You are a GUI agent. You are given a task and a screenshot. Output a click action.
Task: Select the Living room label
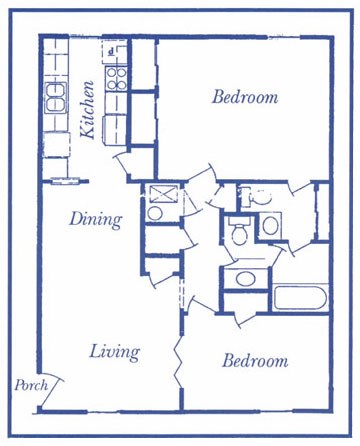[x=114, y=352]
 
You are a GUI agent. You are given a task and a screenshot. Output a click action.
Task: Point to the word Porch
[x=29, y=385]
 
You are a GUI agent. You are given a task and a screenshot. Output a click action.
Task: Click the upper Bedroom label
[x=244, y=97]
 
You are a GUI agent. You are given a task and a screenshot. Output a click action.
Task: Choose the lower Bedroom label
[x=255, y=361]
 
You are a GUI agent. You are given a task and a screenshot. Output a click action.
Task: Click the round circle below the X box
[x=156, y=213]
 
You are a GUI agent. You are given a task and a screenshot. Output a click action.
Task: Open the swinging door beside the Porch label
[x=58, y=388]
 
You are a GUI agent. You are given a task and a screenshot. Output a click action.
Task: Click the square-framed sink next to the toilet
[x=271, y=225]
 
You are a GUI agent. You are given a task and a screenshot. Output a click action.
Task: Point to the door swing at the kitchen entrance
[x=128, y=162]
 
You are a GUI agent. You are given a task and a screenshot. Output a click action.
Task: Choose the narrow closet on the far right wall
[x=321, y=212]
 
